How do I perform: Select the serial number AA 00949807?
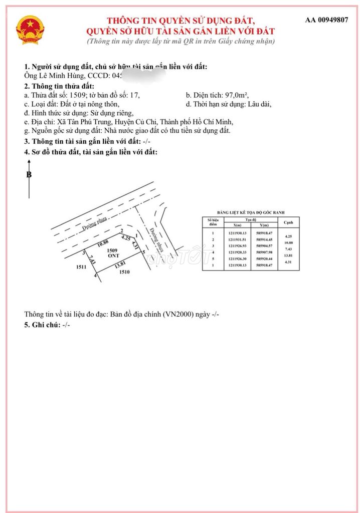tap(326, 20)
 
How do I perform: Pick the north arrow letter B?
tap(29, 175)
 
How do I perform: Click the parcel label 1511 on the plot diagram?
tap(82, 267)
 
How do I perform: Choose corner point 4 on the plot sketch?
tap(95, 274)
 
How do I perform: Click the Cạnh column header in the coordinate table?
tap(288, 222)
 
